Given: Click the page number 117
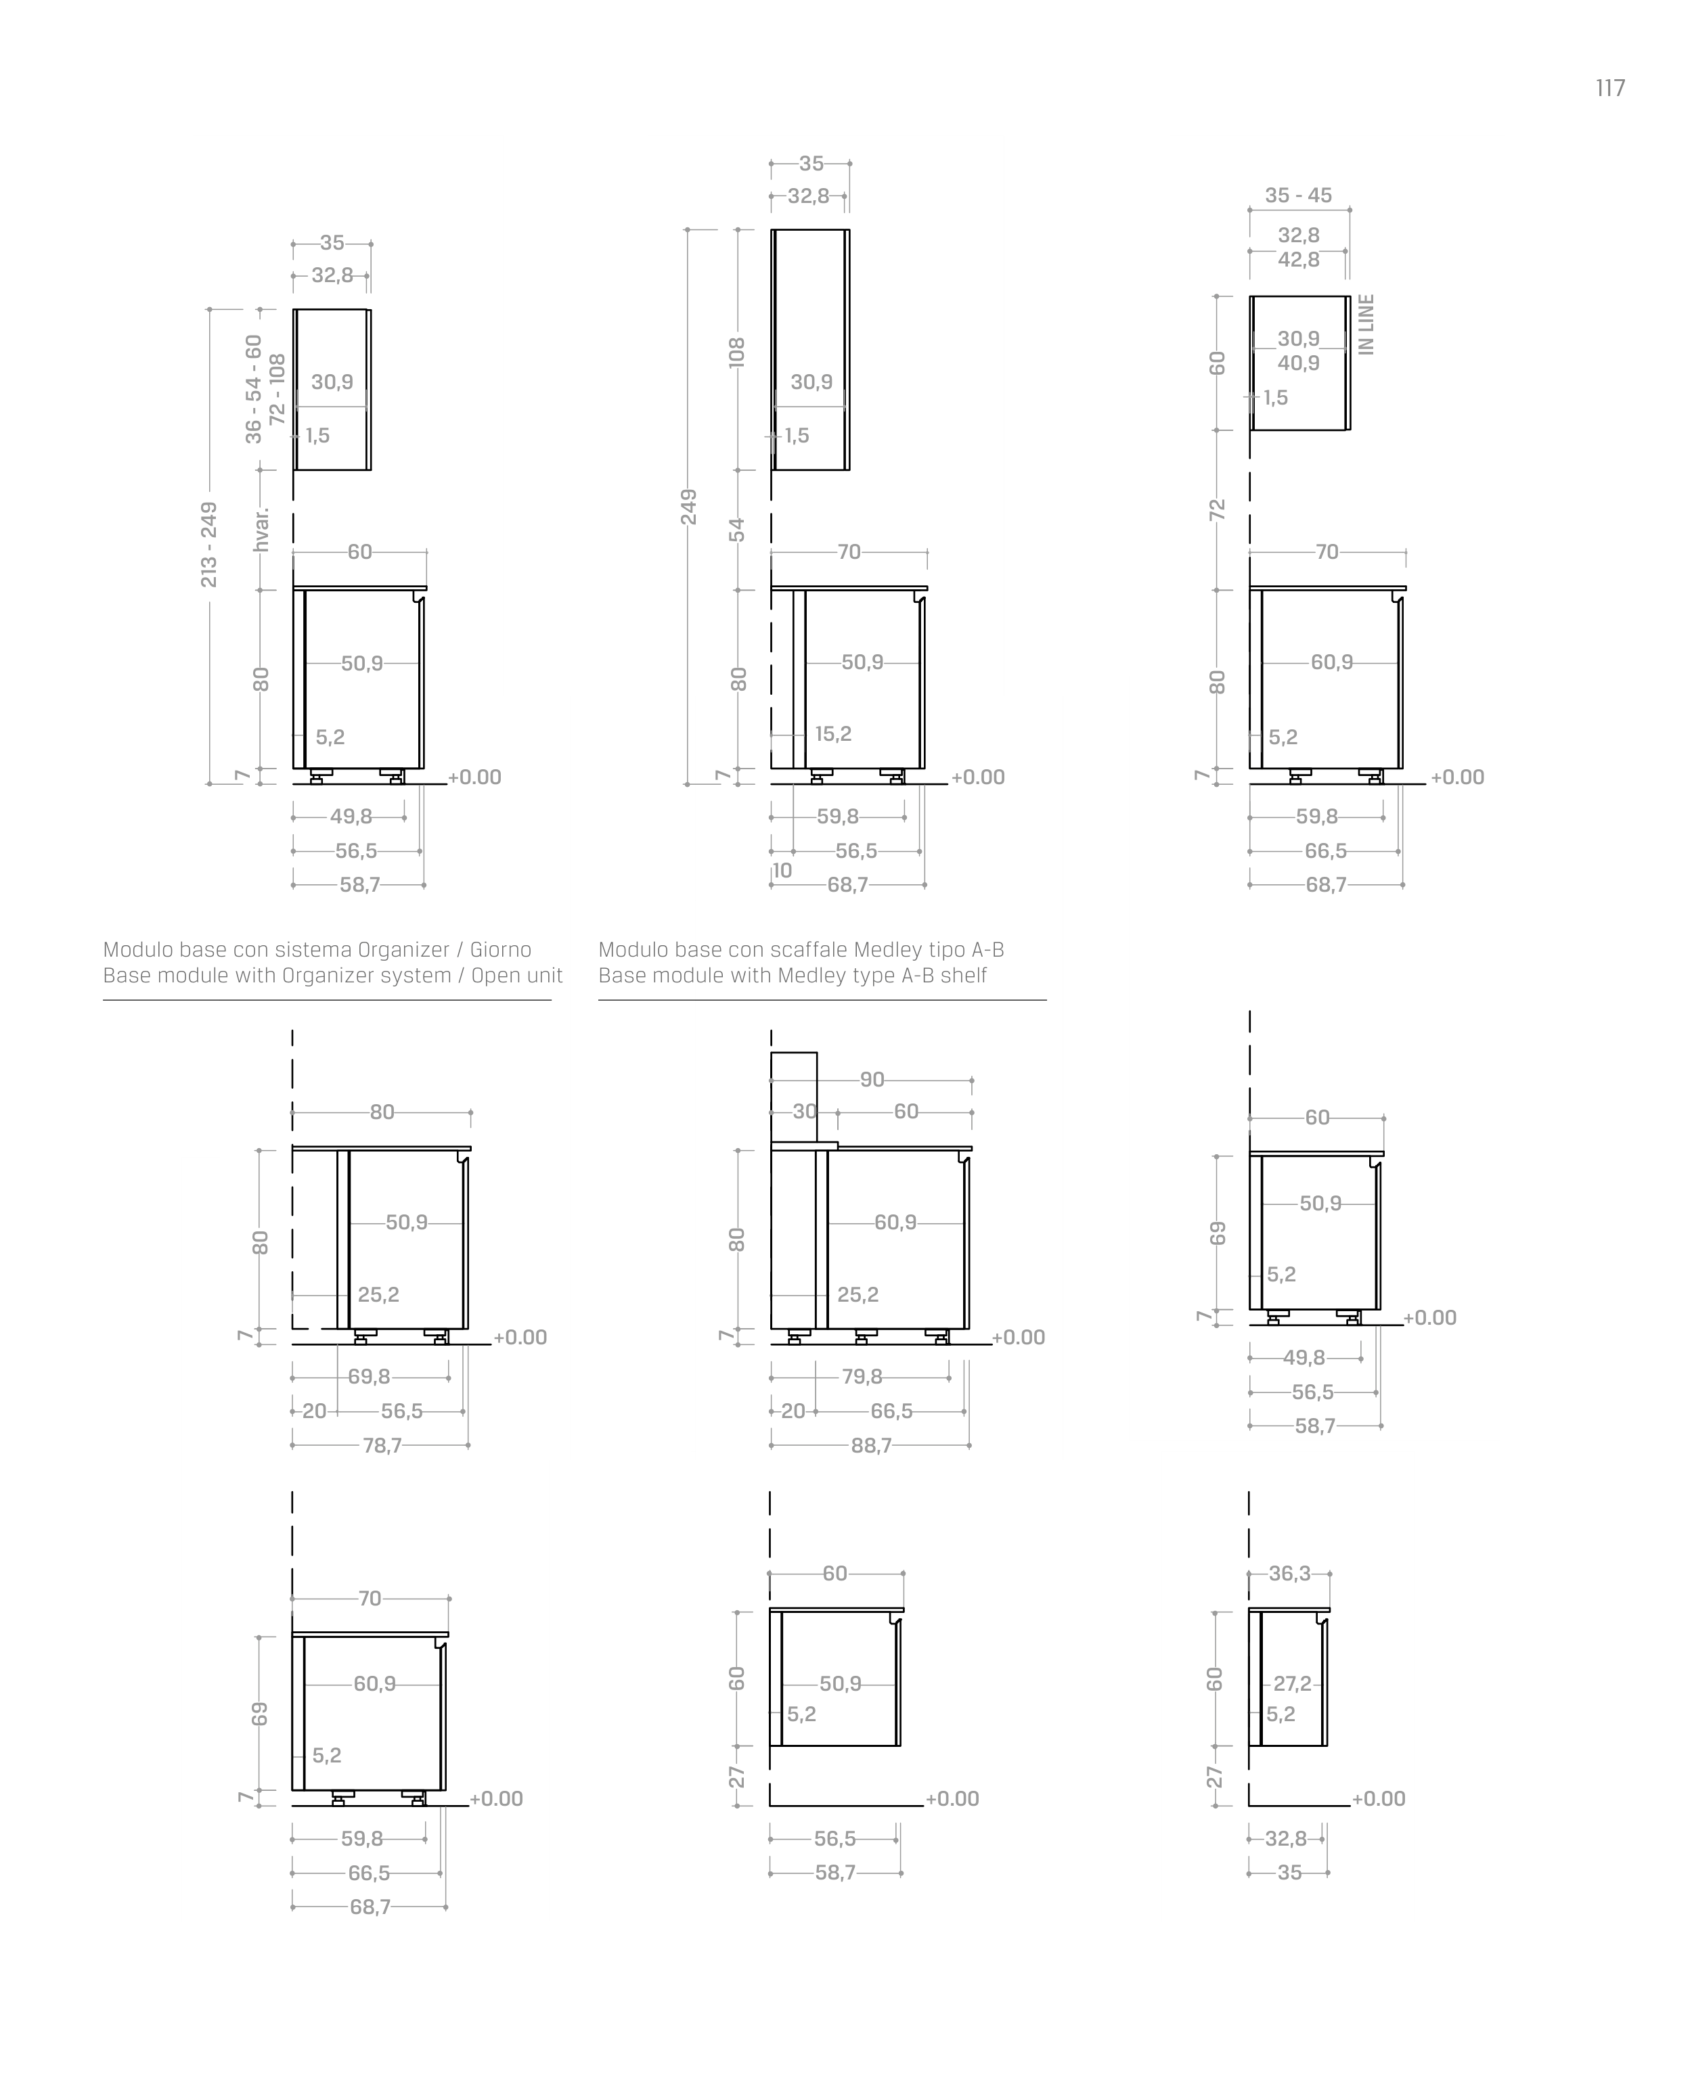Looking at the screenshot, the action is click(1610, 89).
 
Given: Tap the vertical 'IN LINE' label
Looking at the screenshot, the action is click(1366, 325).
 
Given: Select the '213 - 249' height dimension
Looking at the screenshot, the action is click(208, 545).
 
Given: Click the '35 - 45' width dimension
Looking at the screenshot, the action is click(1298, 195).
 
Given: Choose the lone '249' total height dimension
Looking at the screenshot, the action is click(688, 507).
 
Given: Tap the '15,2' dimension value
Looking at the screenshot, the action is click(833, 734).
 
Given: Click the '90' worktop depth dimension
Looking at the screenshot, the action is click(872, 1080).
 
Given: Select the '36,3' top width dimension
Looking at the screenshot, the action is click(1289, 1574).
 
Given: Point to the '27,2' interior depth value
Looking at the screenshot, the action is click(1293, 1684).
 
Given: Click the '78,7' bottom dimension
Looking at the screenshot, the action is click(382, 1446).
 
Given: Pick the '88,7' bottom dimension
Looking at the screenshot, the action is click(871, 1446).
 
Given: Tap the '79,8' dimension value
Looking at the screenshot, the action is click(862, 1377).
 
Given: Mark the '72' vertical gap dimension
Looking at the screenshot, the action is click(1216, 509).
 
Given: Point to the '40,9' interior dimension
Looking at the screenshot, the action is click(1298, 363).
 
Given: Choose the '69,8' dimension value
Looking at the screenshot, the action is click(370, 1377).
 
